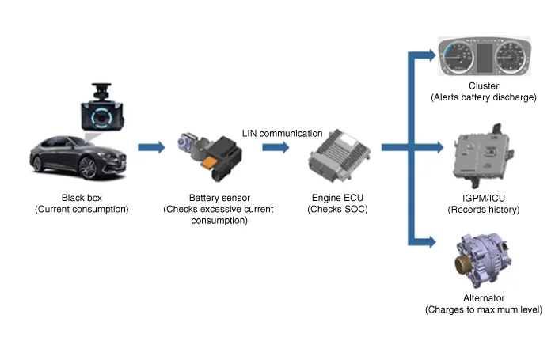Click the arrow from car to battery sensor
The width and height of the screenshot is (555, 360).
[150, 147]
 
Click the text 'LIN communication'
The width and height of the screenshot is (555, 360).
[282, 133]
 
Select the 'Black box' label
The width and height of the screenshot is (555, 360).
[82, 199]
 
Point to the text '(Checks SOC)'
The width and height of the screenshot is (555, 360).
[338, 209]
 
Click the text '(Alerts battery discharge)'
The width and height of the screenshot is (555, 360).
[484, 97]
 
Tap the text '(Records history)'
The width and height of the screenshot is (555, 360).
[483, 210]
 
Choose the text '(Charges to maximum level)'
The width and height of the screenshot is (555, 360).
[483, 309]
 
